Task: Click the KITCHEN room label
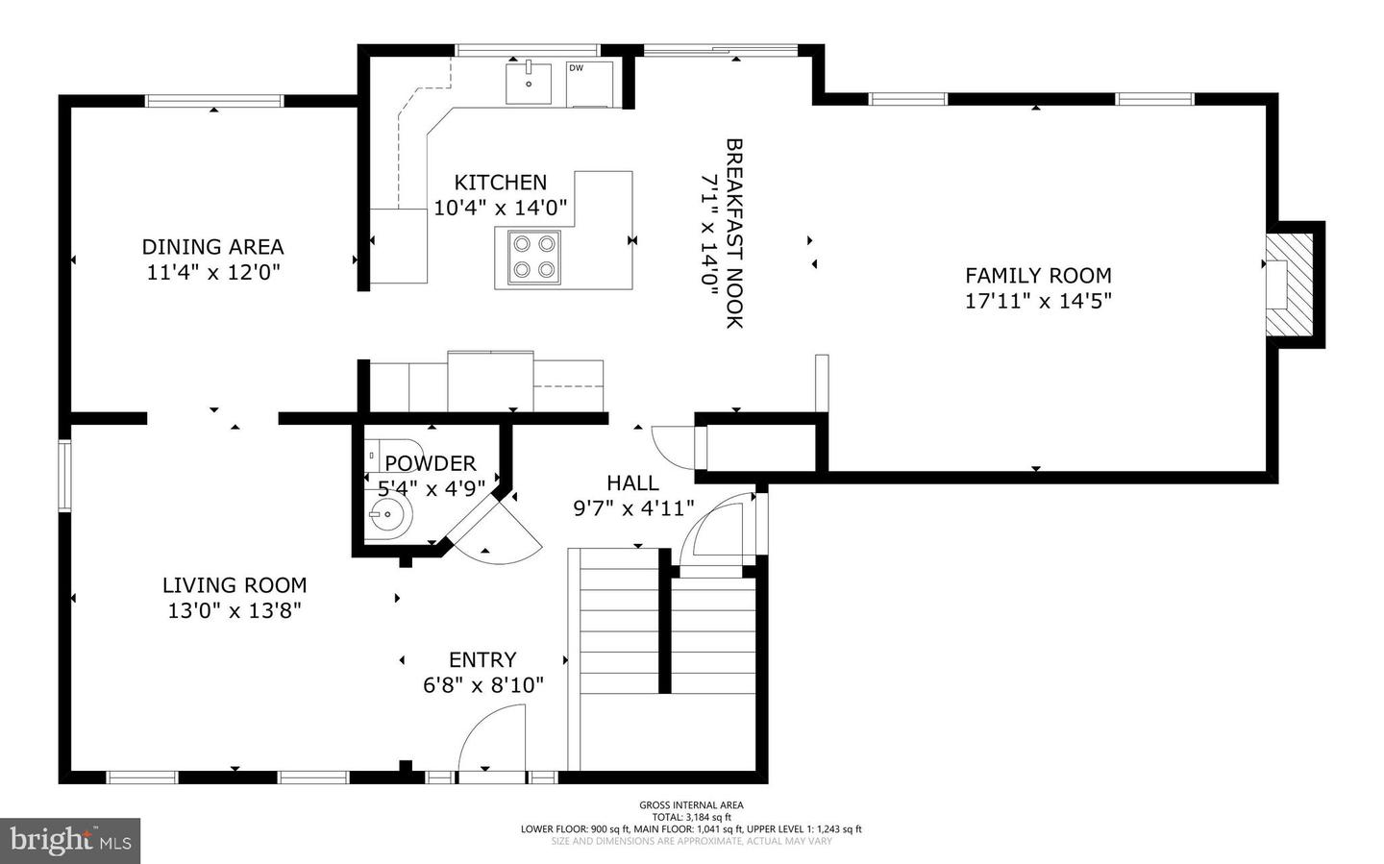(500, 183)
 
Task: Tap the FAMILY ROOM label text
(1038, 276)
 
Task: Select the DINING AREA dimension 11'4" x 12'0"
(212, 272)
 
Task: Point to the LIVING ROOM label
(235, 585)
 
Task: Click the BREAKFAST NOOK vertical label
(734, 233)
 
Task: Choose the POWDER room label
(430, 463)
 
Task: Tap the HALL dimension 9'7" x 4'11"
(633, 508)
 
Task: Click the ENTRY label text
(482, 660)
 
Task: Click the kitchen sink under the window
(528, 82)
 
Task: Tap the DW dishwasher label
(576, 68)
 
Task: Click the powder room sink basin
(388, 516)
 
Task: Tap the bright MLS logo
(70, 841)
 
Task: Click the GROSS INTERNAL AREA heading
(691, 805)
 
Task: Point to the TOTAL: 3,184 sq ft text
(691, 817)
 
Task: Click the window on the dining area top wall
(214, 101)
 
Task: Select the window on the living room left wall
(64, 475)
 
